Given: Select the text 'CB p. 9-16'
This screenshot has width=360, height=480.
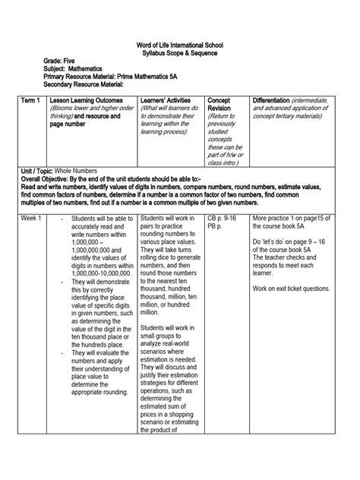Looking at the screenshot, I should coord(223,218).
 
